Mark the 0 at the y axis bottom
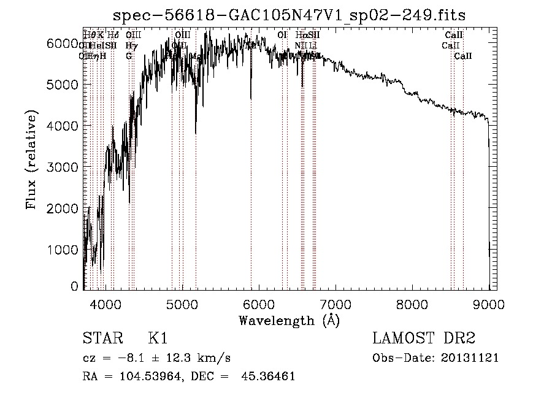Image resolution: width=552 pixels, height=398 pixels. pos(74,286)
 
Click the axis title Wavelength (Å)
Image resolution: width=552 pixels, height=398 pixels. pos(289,320)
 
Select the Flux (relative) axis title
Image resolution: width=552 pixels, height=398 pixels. pos(31,160)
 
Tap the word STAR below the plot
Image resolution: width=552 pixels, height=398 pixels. pos(101,339)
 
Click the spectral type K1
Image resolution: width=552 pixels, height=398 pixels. pos(158,339)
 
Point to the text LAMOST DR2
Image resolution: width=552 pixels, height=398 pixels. pos(424,339)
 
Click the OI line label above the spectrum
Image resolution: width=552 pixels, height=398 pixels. pos(282,36)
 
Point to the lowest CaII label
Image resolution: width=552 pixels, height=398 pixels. pos(463,56)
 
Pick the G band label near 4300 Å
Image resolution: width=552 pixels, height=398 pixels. pos(129,56)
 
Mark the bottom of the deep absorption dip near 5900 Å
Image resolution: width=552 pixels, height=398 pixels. pos(250,97)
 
